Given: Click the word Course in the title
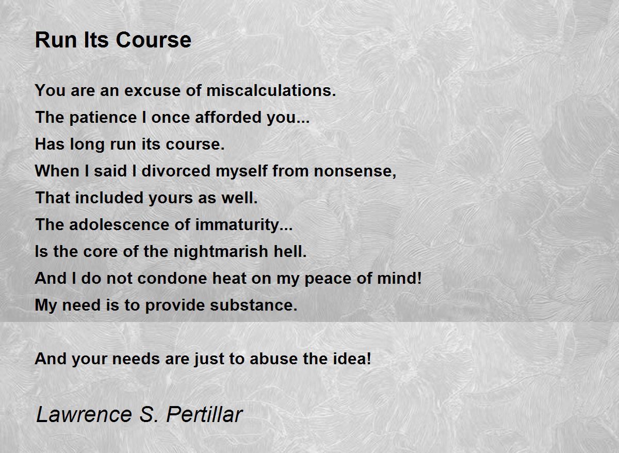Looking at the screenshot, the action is coord(153,40).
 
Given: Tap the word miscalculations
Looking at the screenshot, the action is coord(271,90).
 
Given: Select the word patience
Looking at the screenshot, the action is coord(103,118).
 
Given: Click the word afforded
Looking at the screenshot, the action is coord(228,117).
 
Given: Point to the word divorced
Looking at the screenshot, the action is coord(176,171).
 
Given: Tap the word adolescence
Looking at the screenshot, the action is coord(119,224).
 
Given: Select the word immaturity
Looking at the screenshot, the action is coord(243,225).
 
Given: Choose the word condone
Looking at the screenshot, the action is coord(172,278).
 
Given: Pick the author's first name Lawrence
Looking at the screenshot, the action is coord(84,414).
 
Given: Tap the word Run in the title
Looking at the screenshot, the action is coord(56,40).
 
